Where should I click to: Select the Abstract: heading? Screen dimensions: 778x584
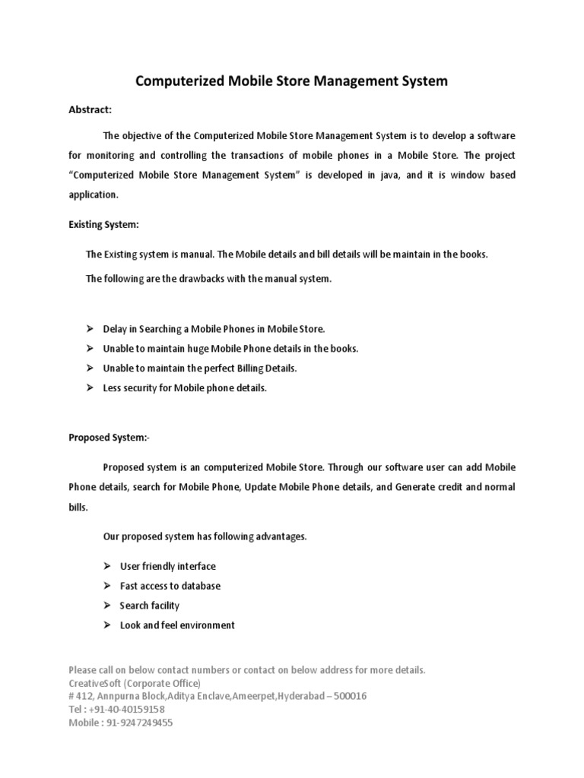(90, 110)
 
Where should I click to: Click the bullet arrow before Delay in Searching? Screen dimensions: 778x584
(89, 329)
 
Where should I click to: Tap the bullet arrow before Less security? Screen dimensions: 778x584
(89, 388)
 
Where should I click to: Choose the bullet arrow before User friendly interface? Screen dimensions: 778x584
(106, 566)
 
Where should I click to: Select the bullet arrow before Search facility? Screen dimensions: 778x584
(106, 606)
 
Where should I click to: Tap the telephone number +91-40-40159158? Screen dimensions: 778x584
(125, 709)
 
